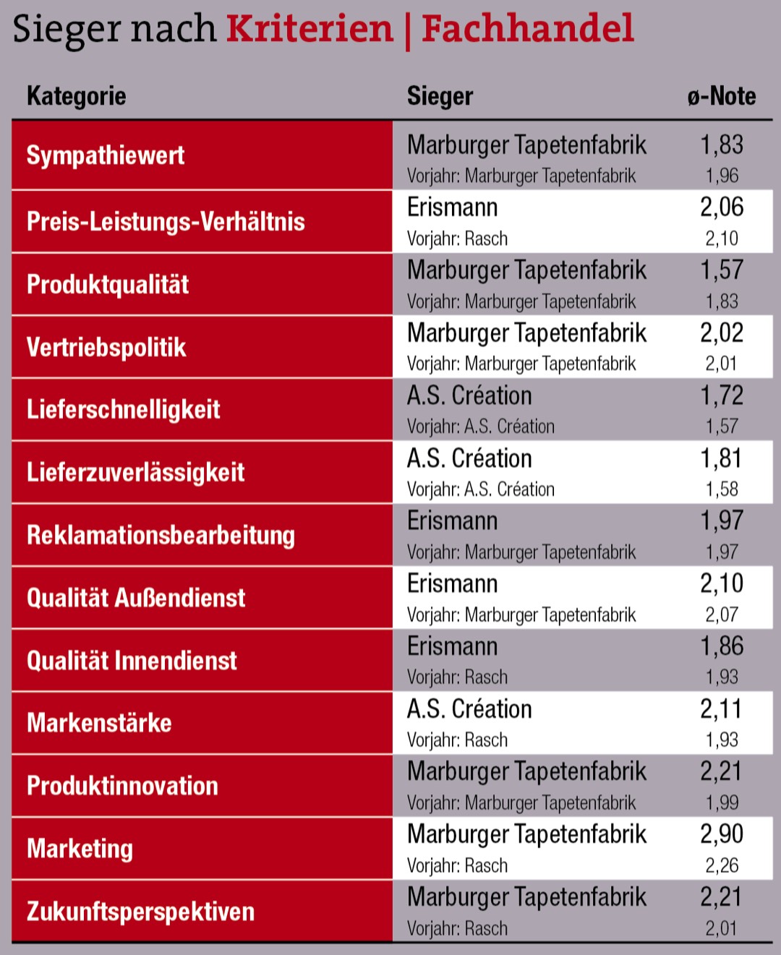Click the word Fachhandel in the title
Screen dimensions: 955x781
pos(527,29)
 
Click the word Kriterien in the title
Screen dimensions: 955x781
pos(310,29)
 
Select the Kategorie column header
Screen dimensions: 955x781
pos(76,96)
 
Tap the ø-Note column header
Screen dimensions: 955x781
pos(721,96)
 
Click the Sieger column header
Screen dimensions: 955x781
pos(440,96)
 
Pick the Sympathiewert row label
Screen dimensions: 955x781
pos(106,155)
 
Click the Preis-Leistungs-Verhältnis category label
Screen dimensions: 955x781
pos(166,221)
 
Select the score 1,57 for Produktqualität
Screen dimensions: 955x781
pos(721,270)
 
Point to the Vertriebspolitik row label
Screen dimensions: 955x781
pos(106,347)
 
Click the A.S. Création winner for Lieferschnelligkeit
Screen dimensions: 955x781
pos(469,395)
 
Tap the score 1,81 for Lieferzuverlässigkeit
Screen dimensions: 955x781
pos(721,458)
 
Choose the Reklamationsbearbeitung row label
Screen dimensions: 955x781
pos(161,535)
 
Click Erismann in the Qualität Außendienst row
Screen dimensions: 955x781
pos(452,583)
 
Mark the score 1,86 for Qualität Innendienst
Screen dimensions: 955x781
pos(721,646)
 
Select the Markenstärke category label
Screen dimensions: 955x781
pos(99,723)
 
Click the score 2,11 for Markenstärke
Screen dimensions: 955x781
pos(721,709)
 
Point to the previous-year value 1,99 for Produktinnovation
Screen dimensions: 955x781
pos(721,802)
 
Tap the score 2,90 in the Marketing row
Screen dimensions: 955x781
pos(721,834)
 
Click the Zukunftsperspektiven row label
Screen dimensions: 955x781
pos(140,911)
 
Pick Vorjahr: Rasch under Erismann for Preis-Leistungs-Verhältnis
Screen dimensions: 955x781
pos(457,239)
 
